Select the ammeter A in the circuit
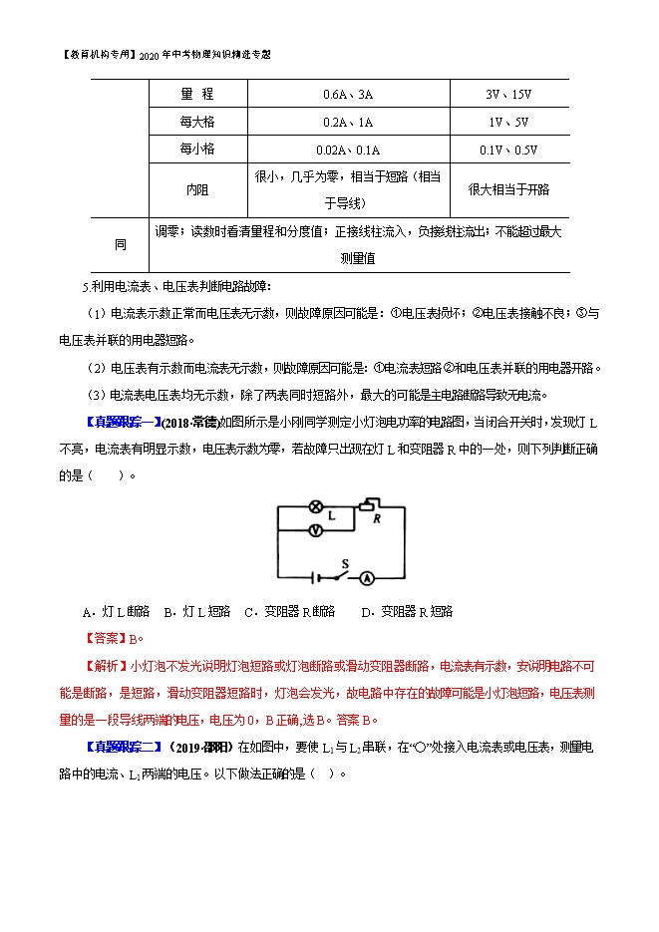click(x=366, y=578)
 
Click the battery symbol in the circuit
click(x=317, y=578)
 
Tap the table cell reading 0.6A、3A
click(x=348, y=95)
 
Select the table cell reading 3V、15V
click(x=508, y=95)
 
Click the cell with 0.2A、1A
click(x=348, y=122)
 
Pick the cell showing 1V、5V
click(x=508, y=122)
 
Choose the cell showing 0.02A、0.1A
click(x=348, y=150)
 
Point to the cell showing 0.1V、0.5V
click(x=508, y=150)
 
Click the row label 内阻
click(x=197, y=189)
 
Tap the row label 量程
click(x=197, y=95)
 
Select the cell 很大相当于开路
click(x=508, y=189)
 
